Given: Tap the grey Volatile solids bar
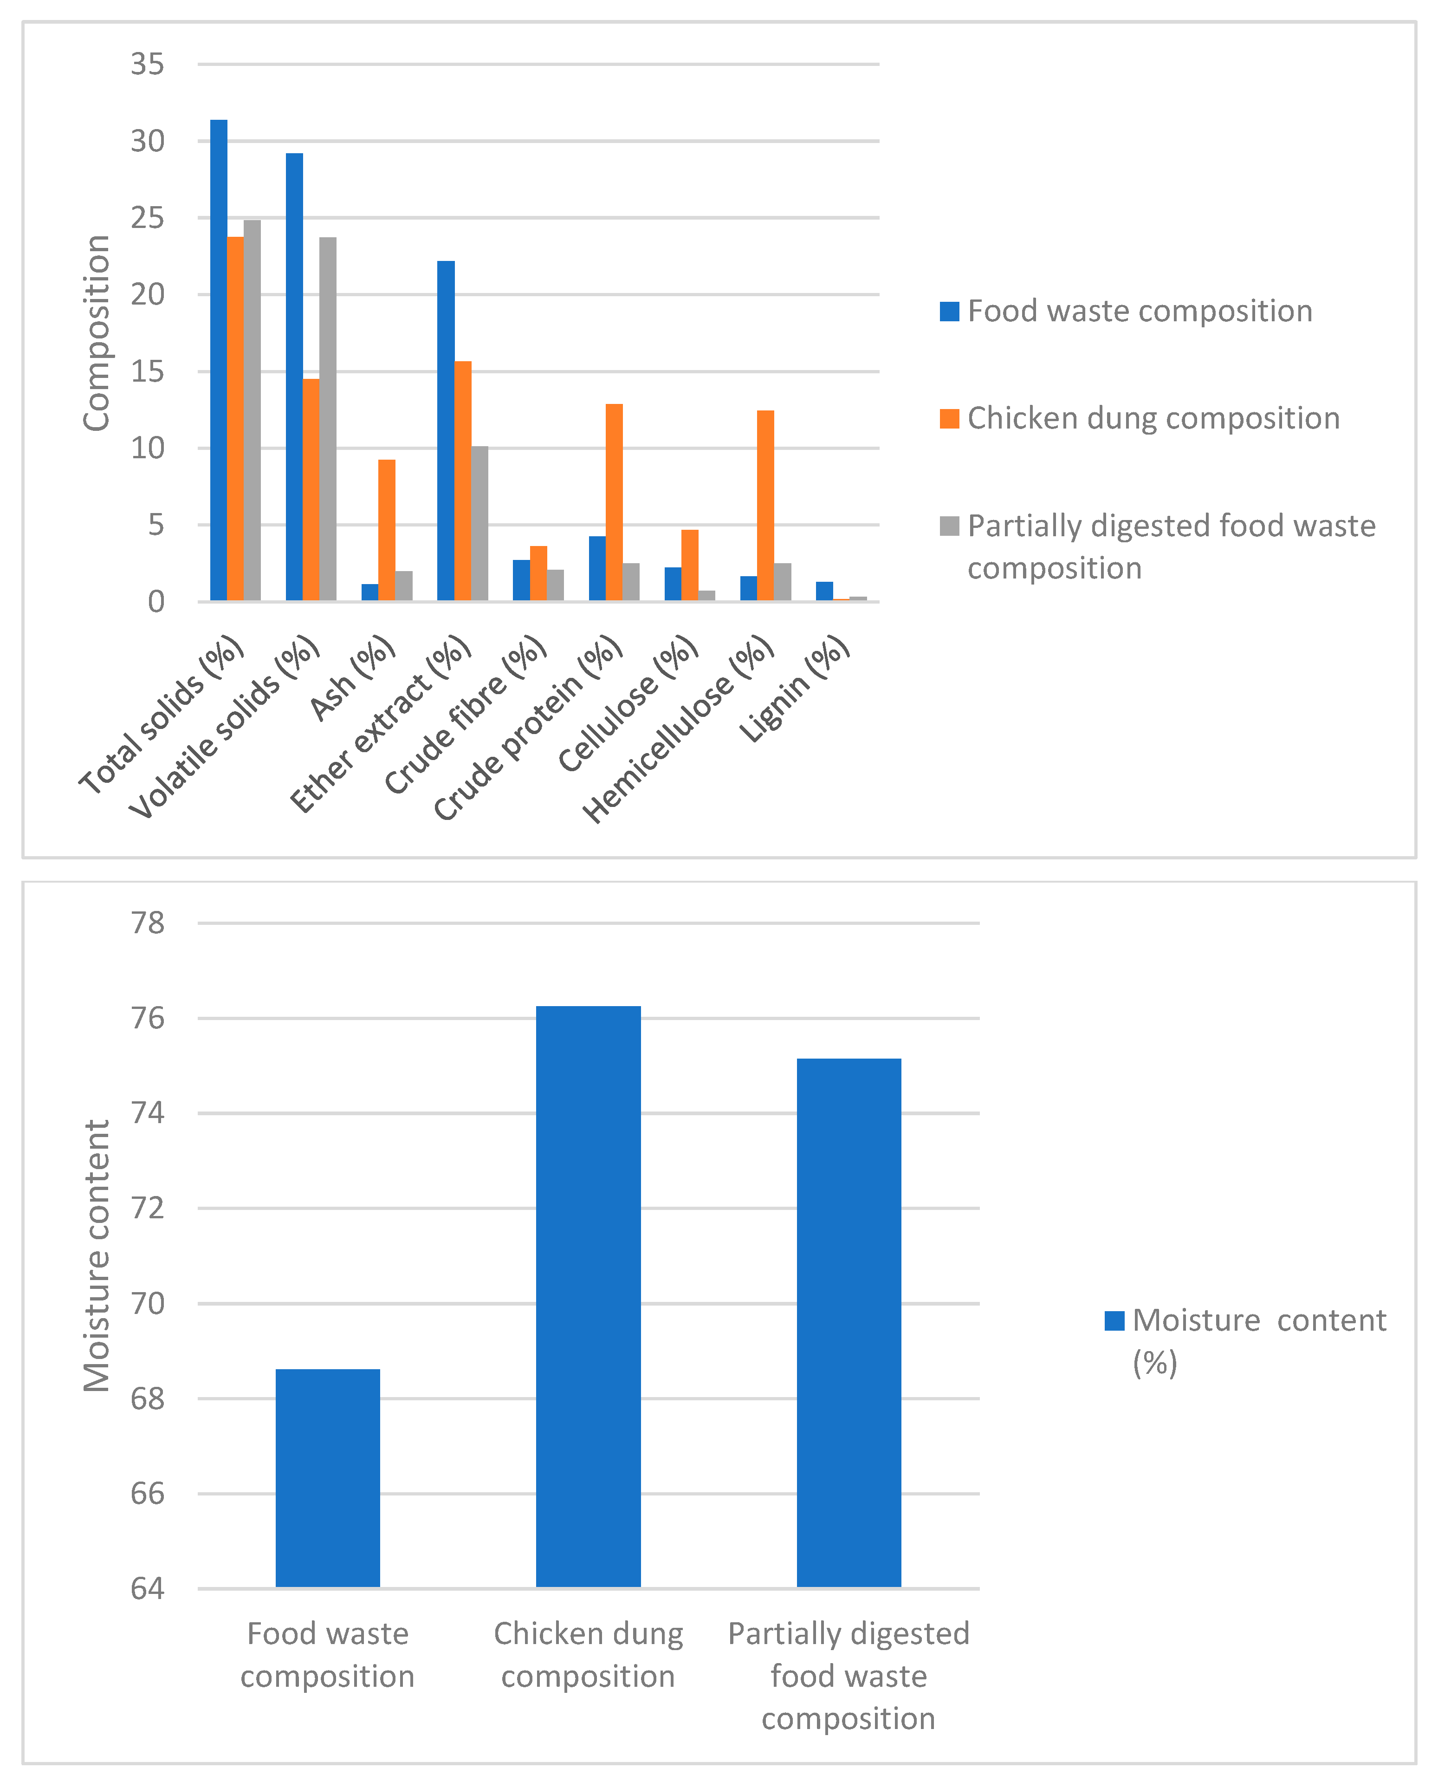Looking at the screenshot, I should coord(328,419).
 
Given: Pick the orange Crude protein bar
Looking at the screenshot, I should coord(614,502).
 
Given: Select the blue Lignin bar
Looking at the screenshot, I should coord(824,592).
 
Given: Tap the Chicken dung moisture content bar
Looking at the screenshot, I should coord(588,1297).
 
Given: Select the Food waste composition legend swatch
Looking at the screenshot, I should coord(949,311).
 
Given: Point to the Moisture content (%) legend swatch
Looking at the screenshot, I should coord(1114,1320).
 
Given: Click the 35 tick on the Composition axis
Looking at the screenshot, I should coord(148,64).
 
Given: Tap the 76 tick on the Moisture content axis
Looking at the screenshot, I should coord(148,1018).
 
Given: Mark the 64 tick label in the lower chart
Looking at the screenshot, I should coord(148,1588).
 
